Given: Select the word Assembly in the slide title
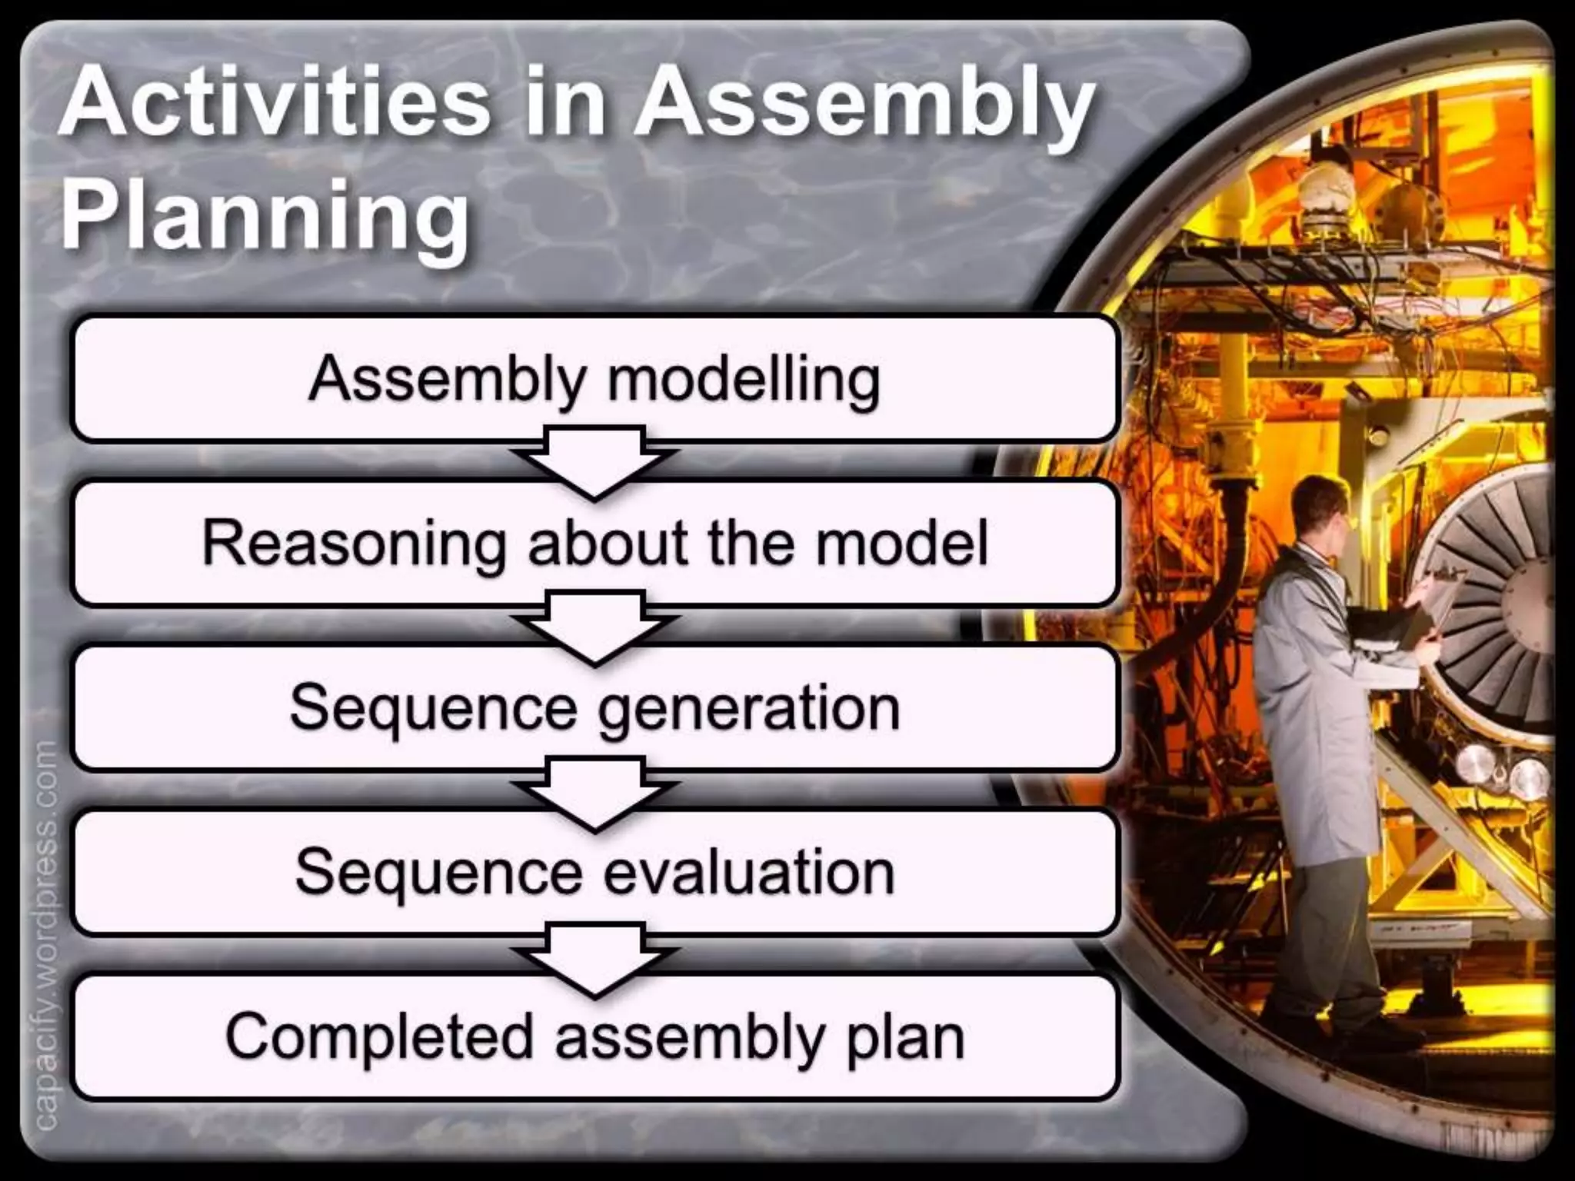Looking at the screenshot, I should point(864,108).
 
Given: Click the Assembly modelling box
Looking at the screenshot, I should point(594,378).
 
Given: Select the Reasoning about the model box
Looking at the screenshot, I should point(594,543).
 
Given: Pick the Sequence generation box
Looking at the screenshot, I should point(594,707).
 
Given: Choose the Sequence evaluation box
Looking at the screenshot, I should point(594,872).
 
